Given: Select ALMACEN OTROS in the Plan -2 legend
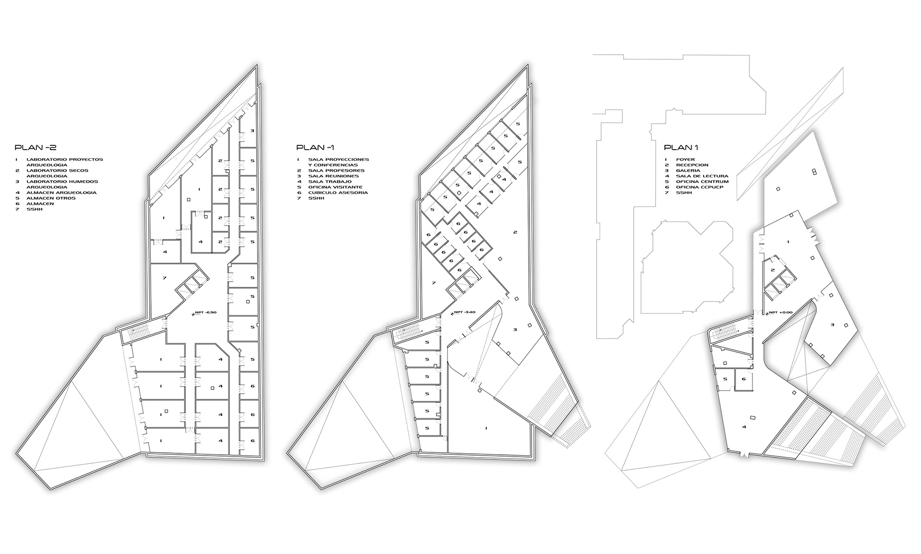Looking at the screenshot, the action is coord(51,198).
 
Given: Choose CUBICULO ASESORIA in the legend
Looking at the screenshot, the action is coord(338,192).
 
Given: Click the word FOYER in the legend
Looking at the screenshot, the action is coord(685,159).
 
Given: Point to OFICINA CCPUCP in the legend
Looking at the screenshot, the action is coord(700,187).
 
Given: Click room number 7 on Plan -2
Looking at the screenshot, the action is coord(165,278).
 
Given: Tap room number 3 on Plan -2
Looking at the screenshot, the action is coord(252,130).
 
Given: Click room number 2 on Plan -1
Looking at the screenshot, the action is coord(515,233).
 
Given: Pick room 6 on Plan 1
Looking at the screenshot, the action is coord(744,379).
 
